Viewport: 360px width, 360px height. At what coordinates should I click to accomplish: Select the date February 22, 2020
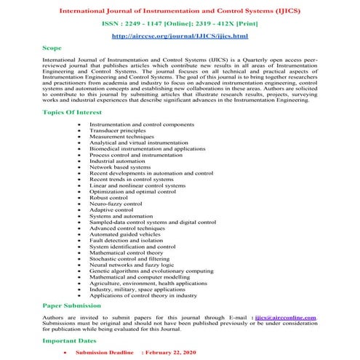coord(174,351)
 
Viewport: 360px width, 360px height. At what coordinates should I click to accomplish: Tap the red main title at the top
coord(180,9)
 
